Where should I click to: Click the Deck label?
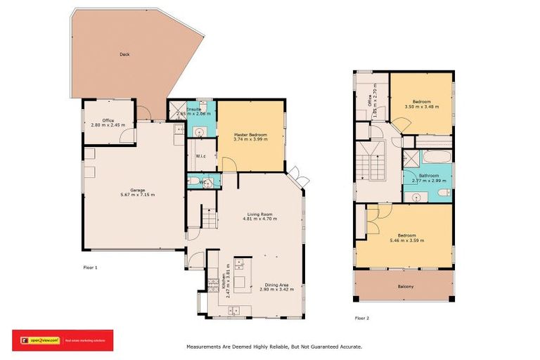[x=124, y=54]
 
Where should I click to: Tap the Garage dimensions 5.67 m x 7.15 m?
[x=127, y=195]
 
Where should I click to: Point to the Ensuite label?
[x=194, y=109]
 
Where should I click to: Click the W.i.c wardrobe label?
[x=200, y=156]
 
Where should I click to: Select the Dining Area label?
[x=275, y=283]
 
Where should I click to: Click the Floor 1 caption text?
[x=89, y=268]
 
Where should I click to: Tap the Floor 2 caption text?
[x=361, y=318]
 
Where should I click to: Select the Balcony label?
[x=404, y=286]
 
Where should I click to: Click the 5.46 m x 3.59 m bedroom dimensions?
[x=404, y=240]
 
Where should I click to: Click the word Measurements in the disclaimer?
[x=205, y=347]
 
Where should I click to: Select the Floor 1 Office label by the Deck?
[x=108, y=120]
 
